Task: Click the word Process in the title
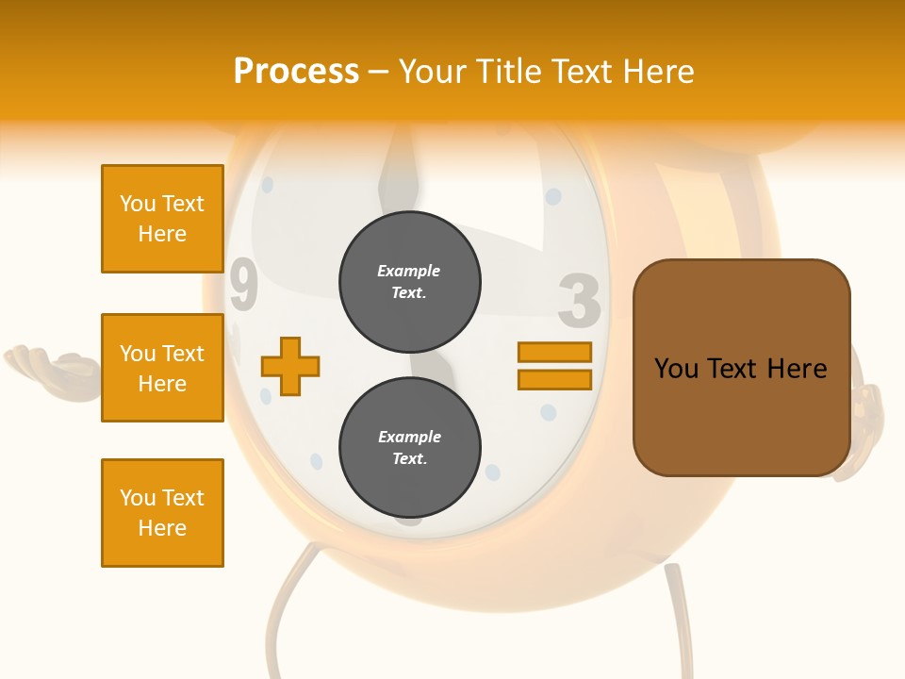pyautogui.click(x=296, y=72)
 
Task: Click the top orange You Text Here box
pyautogui.click(x=162, y=219)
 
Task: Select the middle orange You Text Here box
pyautogui.click(x=162, y=368)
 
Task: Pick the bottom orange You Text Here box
pyautogui.click(x=162, y=513)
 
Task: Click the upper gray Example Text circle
pyautogui.click(x=409, y=282)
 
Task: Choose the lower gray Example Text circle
pyautogui.click(x=409, y=448)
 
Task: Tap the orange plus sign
pyautogui.click(x=290, y=366)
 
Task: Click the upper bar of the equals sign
pyautogui.click(x=554, y=353)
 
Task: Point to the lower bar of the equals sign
pyautogui.click(x=554, y=380)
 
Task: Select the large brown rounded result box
pyautogui.click(x=741, y=368)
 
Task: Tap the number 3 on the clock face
pyautogui.click(x=579, y=301)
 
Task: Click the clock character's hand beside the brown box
pyautogui.click(x=864, y=415)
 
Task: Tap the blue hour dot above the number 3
pyautogui.click(x=553, y=197)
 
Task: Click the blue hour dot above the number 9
pyautogui.click(x=267, y=185)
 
